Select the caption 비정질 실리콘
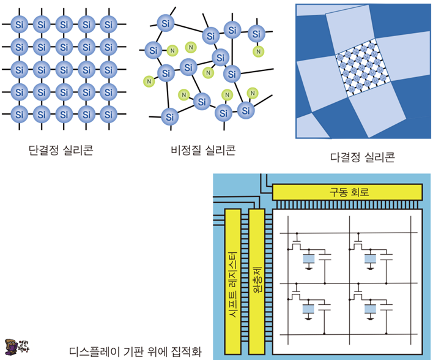(x=204, y=149)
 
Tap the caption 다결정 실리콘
(x=363, y=157)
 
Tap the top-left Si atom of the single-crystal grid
(x=20, y=25)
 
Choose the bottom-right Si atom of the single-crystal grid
(x=108, y=114)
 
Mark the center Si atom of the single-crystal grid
(x=64, y=69)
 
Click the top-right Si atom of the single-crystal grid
(x=108, y=25)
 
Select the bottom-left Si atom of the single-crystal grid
(x=20, y=114)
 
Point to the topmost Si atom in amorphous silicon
(x=165, y=23)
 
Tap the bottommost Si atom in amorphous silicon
(x=169, y=115)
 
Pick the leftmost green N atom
(x=147, y=80)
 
